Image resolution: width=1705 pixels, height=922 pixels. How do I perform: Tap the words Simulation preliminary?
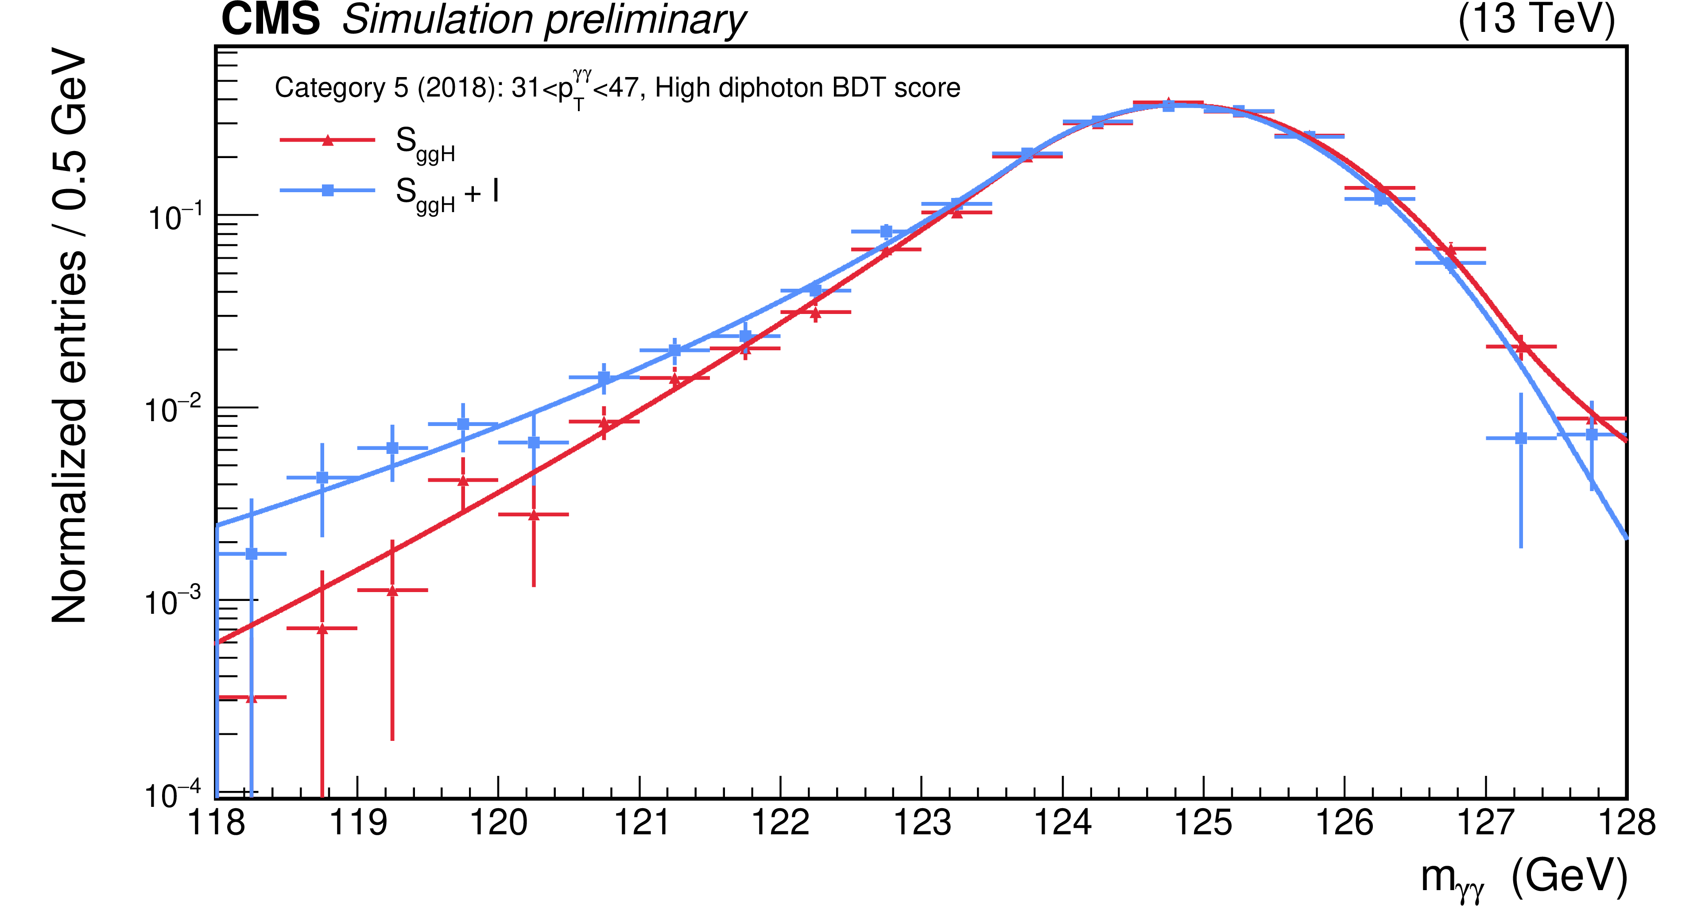point(544,20)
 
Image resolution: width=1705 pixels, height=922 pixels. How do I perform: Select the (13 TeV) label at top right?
point(1536,19)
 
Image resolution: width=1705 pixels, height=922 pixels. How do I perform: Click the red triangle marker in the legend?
point(327,139)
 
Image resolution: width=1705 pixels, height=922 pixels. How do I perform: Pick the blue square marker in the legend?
point(327,190)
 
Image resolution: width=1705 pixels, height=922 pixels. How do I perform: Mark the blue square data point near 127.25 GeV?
point(1521,438)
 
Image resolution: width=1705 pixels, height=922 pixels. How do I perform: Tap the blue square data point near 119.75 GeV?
point(463,424)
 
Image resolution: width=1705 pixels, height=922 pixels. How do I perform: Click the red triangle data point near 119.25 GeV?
point(392,590)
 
